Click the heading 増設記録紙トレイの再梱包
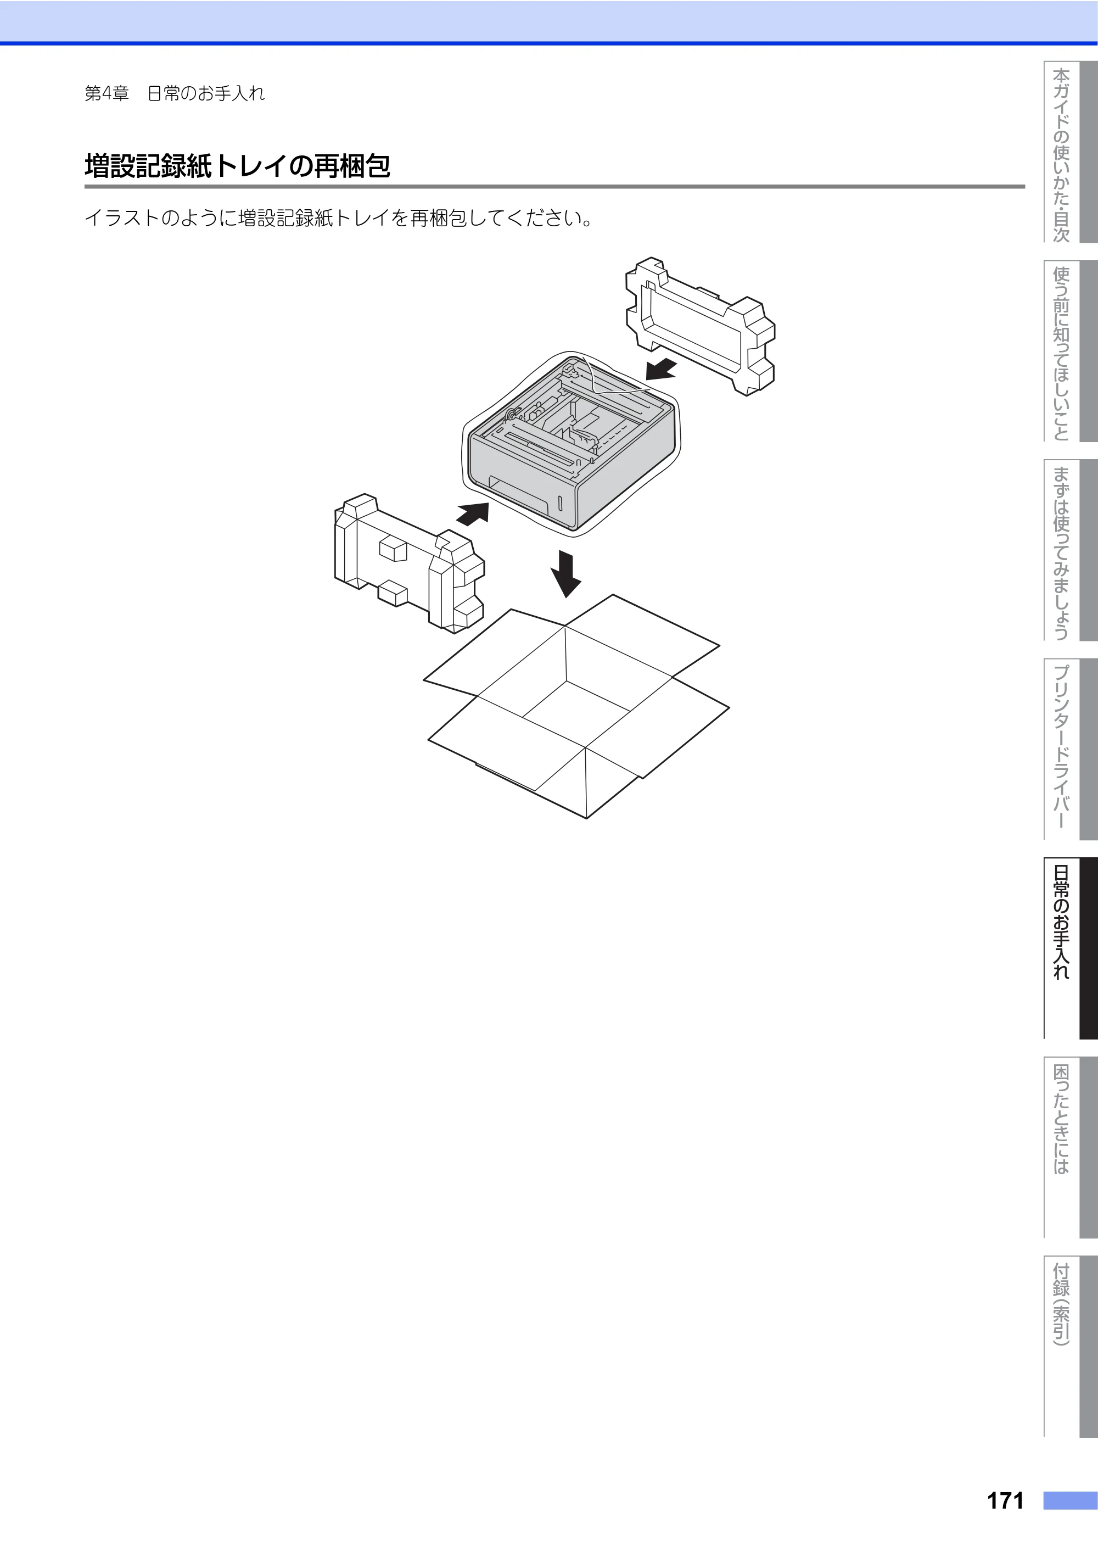tap(237, 166)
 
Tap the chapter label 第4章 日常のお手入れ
tap(175, 93)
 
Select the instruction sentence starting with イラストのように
tap(339, 219)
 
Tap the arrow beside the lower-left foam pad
tap(473, 513)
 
